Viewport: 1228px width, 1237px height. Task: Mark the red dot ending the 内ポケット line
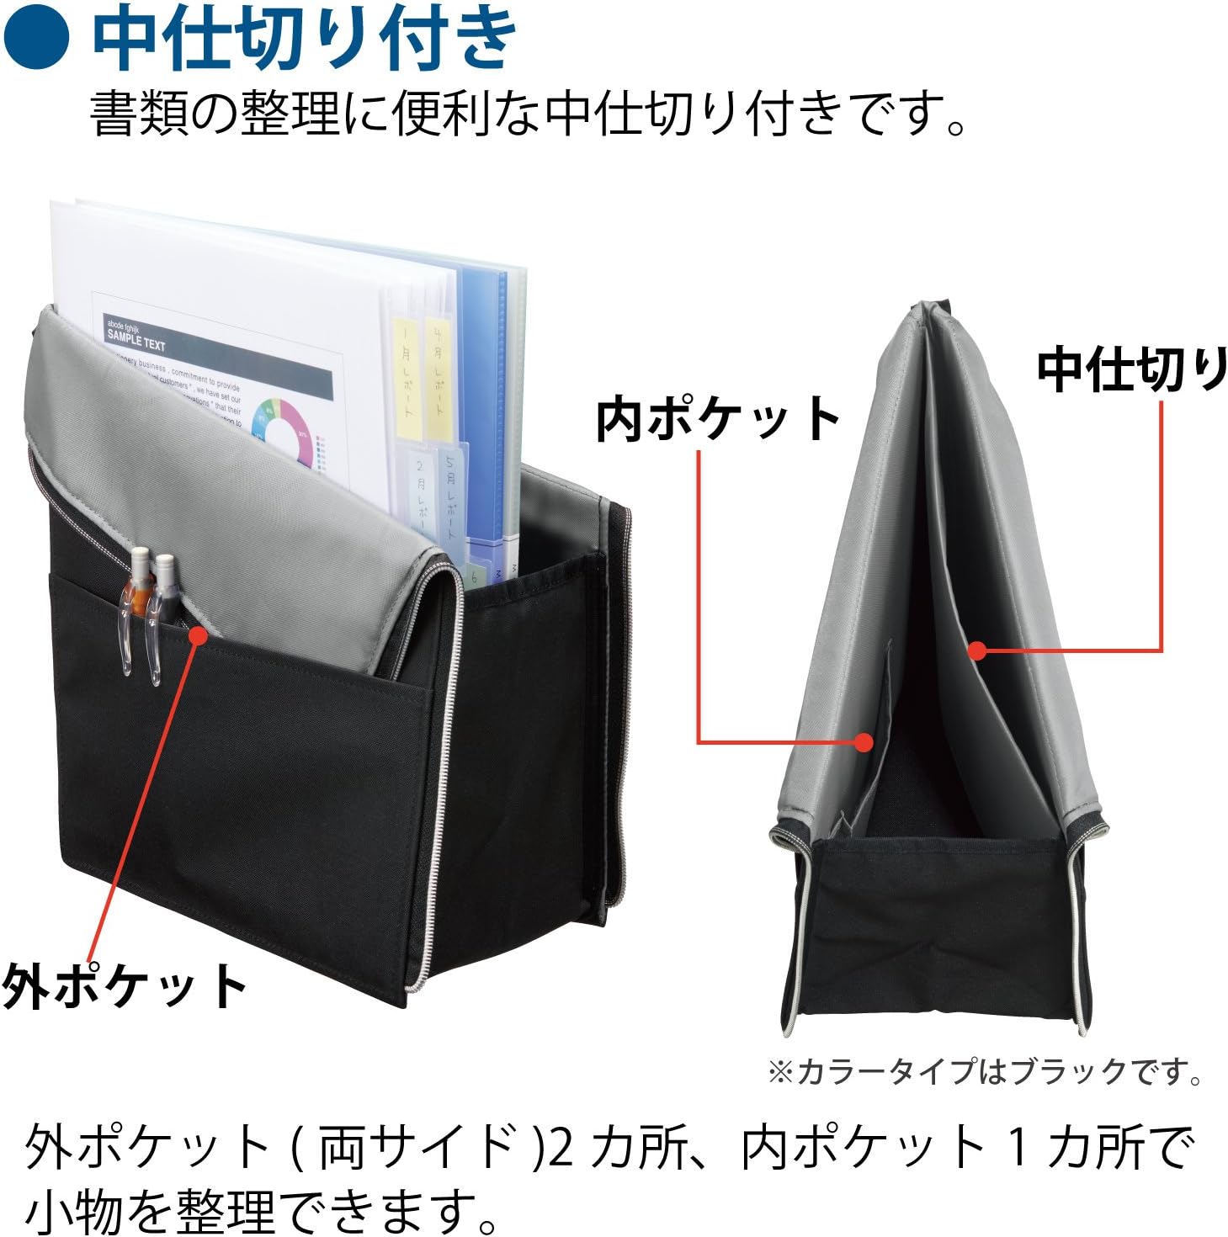863,741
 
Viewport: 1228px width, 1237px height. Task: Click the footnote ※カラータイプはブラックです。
985,1071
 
